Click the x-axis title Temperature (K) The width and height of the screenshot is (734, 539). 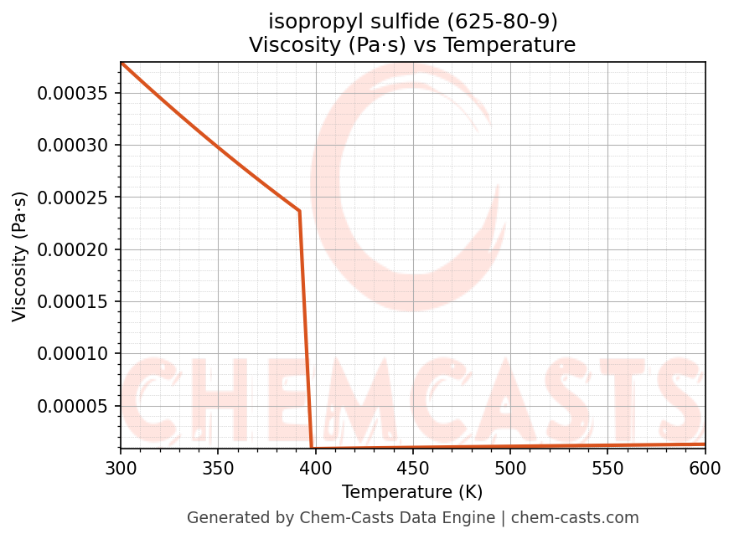(412, 492)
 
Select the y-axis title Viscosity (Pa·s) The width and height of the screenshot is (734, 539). (20, 255)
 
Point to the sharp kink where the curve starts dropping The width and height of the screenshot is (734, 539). (299, 211)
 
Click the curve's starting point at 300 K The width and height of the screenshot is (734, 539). (121, 63)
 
